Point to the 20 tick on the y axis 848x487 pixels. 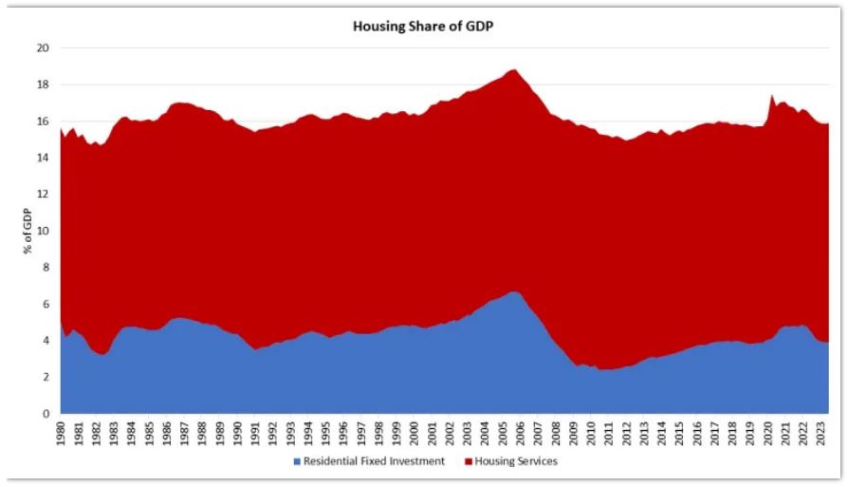43,47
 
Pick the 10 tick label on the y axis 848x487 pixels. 43,231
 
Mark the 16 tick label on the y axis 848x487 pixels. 43,121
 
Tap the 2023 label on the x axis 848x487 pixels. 820,435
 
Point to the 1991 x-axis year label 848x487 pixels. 257,435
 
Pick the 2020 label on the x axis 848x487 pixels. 767,435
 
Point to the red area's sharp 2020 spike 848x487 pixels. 771,94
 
